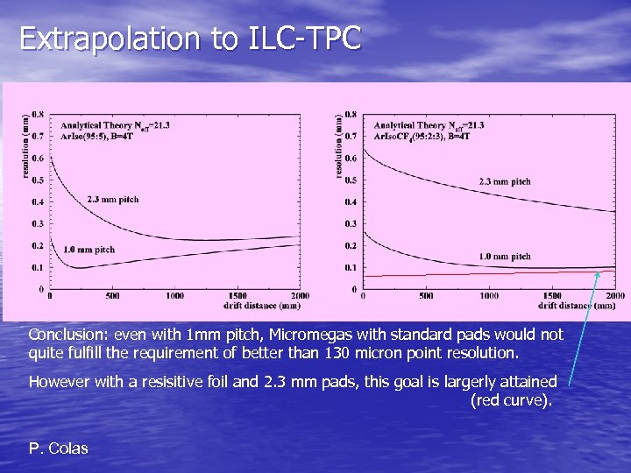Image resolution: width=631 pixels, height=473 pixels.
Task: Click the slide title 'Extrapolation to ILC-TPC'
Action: pos(189,39)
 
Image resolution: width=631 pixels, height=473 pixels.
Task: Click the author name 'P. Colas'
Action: pos(58,448)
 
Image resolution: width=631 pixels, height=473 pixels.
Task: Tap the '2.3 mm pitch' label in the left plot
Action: pos(113,200)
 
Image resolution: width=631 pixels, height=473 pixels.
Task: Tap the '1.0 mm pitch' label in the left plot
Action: pos(89,251)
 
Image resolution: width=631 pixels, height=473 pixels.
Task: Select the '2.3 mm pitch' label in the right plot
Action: pos(504,182)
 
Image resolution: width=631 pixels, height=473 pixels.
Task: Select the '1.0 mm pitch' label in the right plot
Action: pos(504,257)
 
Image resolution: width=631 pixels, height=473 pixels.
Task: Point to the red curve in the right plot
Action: pos(482,274)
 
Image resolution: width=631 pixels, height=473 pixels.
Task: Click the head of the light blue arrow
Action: pos(599,273)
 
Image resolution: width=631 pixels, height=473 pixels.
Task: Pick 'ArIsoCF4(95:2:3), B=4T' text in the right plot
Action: pos(422,136)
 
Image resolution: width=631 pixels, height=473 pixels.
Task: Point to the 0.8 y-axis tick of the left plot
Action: pos(39,115)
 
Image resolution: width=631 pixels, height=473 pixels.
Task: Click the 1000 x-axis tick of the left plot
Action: pos(174,296)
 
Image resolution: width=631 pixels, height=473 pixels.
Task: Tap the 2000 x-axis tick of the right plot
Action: pos(615,296)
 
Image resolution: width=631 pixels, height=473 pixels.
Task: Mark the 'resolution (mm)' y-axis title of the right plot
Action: pos(339,146)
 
